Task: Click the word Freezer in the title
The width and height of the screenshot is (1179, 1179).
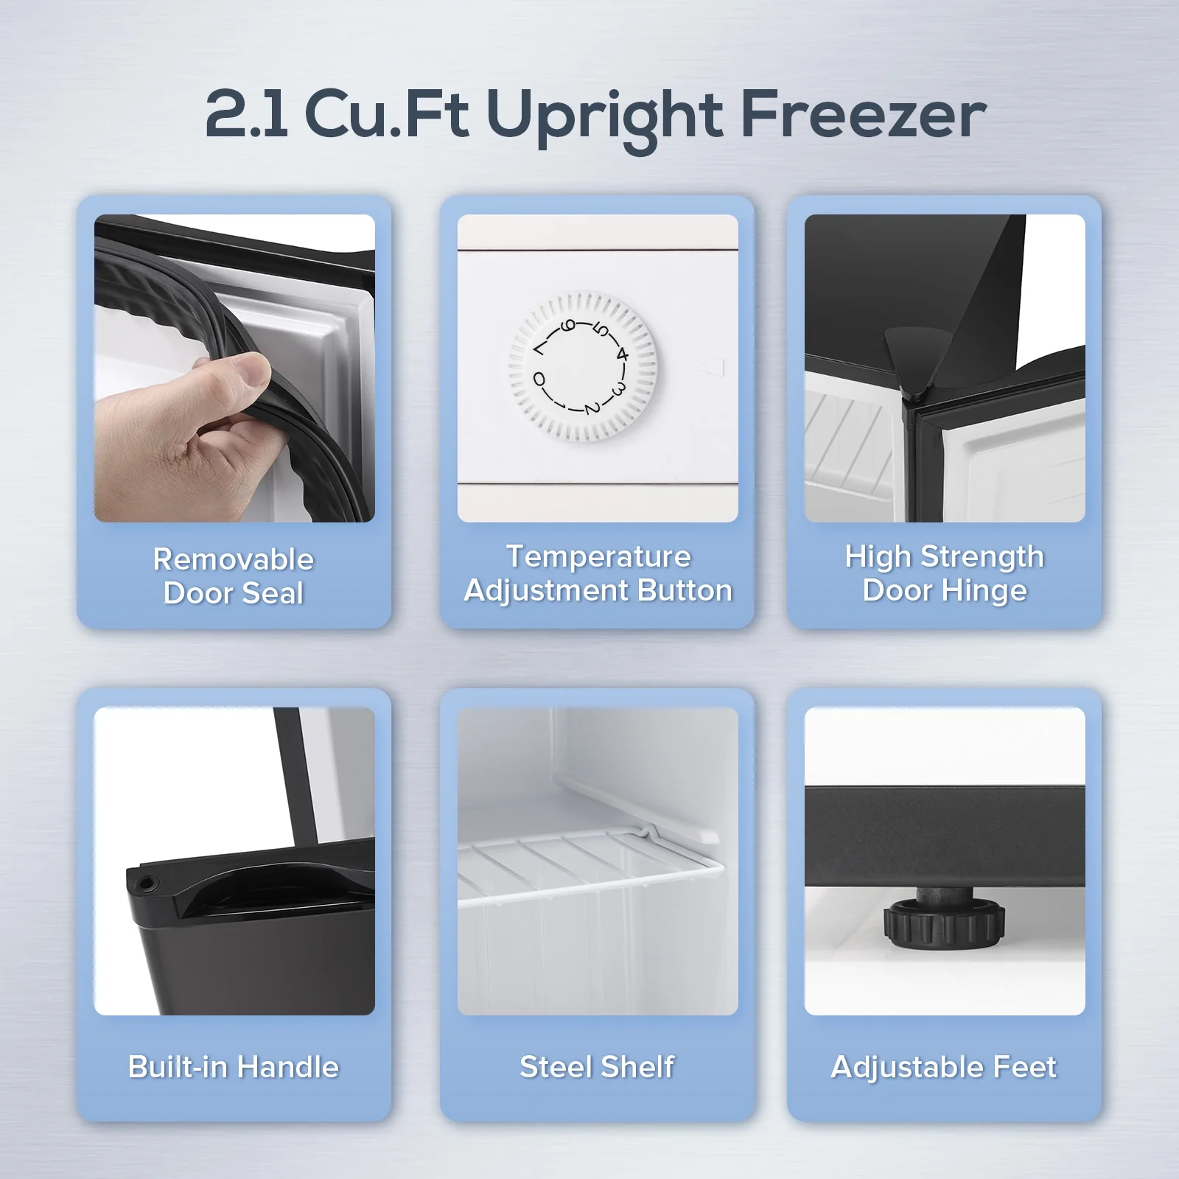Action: pos(863,116)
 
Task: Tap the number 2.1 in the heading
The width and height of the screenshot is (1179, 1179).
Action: pos(247,116)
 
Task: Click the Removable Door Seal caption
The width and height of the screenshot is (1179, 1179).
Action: pos(234,576)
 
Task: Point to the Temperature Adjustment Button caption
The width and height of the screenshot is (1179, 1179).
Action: pos(598,573)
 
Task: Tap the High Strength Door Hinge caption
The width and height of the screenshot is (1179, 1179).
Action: pos(944,573)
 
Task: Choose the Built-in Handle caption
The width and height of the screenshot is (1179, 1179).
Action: pos(234,1067)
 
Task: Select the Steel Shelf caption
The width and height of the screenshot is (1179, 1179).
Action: pos(597,1067)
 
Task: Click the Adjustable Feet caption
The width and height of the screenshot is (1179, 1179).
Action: pos(944,1067)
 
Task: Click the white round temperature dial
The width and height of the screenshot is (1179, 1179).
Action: pos(582,365)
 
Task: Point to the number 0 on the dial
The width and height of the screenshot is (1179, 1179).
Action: pos(539,380)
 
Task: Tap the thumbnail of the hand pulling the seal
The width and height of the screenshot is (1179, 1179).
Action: pos(234,368)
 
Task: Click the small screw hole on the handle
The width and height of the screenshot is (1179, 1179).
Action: pos(147,881)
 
